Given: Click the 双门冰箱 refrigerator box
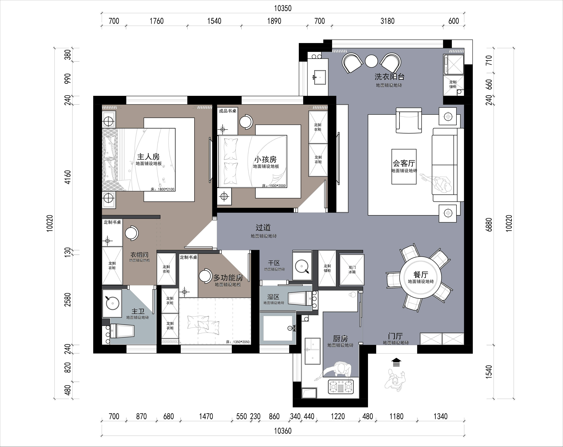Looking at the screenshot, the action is (x=352, y=270).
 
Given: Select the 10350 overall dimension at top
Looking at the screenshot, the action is (x=283, y=8).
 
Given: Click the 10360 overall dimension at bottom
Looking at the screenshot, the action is (x=283, y=431).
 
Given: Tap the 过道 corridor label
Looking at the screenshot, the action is (x=263, y=228).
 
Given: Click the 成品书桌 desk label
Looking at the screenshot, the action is (x=227, y=111).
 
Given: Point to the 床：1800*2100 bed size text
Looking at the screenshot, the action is (x=162, y=189).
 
